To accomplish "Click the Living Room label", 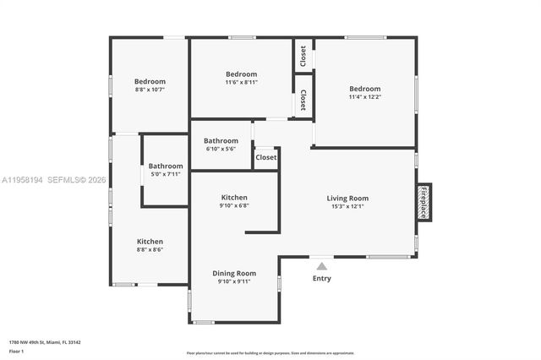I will click(x=347, y=199).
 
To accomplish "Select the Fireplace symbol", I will click(x=423, y=203).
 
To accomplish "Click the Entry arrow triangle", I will click(x=321, y=265).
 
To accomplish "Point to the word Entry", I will click(x=322, y=278).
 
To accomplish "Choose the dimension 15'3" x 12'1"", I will click(x=347, y=207).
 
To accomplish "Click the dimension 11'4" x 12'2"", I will click(x=365, y=97).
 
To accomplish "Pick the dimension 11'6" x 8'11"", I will click(x=242, y=82).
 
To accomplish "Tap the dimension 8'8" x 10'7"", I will click(x=150, y=90).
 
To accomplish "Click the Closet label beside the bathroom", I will click(x=266, y=157).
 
